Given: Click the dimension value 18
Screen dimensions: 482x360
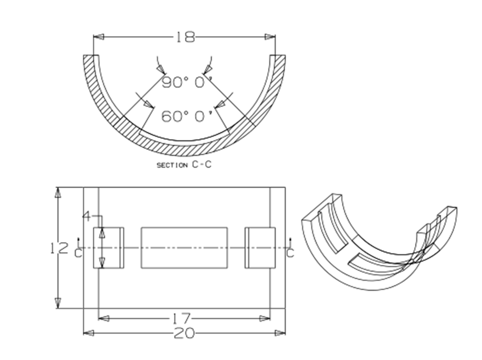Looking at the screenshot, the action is click(186, 37).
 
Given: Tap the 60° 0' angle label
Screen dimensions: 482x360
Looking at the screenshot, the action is click(187, 116).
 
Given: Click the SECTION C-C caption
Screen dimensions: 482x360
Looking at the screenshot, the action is click(184, 165).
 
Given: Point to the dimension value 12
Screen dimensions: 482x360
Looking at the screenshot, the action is click(59, 248).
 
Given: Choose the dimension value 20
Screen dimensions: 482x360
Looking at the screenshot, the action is click(184, 333).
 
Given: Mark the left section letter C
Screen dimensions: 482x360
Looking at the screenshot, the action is click(78, 253).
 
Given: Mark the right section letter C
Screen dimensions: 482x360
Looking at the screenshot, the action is click(290, 253).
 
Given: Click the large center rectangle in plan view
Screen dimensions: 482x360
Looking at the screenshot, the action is click(184, 248).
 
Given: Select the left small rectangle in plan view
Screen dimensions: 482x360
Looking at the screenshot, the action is click(108, 248).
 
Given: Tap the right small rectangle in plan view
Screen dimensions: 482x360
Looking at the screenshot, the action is click(260, 248).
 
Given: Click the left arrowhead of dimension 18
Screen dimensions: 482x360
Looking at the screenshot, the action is click(98, 37).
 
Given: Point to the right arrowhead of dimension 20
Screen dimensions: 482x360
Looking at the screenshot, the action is click(280, 333).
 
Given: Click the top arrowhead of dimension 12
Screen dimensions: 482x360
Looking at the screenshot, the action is click(58, 192).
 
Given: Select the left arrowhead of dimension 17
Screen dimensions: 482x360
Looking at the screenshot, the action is click(103, 318).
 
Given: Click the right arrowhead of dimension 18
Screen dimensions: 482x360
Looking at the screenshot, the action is click(270, 37).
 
